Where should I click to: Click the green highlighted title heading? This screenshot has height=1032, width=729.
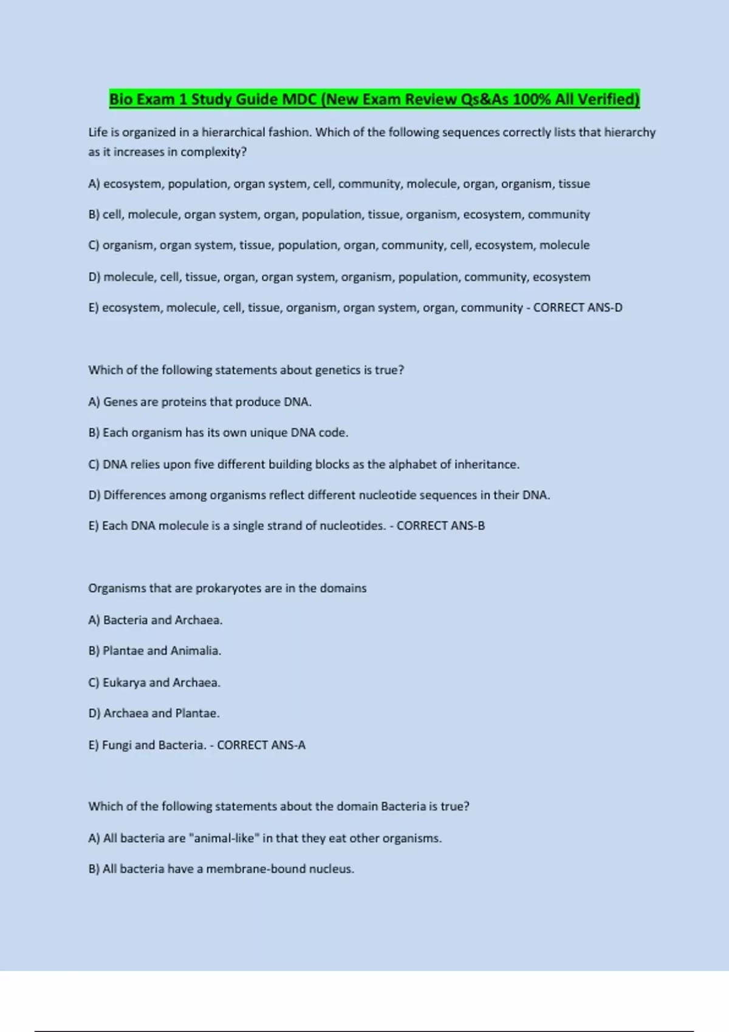point(374,99)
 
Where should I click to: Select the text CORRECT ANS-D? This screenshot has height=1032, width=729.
point(578,308)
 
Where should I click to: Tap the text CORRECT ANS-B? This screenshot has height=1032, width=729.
point(440,526)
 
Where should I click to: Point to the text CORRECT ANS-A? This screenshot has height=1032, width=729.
point(261,745)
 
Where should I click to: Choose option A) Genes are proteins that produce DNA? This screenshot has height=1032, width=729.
point(200,402)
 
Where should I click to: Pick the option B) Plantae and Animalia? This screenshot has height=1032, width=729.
point(155,651)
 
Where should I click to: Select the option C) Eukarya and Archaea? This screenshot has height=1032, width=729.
point(154,682)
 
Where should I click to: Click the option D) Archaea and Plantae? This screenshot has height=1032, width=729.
point(154,713)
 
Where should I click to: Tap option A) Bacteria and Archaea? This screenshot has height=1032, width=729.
point(156,620)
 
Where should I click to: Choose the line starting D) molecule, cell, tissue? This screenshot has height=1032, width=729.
point(339,277)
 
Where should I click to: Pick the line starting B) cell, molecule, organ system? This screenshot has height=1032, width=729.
point(339,214)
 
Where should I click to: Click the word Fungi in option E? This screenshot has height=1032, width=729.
point(117,745)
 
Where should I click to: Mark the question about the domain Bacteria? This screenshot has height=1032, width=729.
point(279,806)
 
